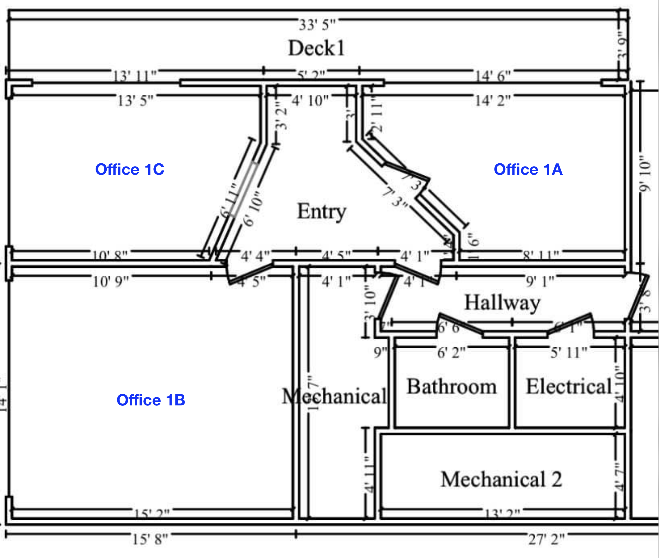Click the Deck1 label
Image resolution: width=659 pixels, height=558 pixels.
click(x=316, y=48)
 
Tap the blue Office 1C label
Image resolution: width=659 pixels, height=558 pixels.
click(x=130, y=169)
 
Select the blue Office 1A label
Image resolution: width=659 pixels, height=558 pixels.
click(x=528, y=169)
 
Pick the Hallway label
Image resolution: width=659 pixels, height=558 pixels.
click(x=502, y=303)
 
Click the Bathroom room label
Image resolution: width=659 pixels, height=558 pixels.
click(x=451, y=386)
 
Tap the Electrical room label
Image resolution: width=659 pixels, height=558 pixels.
click(x=568, y=386)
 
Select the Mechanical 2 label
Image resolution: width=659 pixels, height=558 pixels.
click(x=501, y=479)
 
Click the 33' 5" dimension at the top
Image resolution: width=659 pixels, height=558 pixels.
click(x=317, y=25)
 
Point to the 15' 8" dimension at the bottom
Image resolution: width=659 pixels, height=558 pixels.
click(x=150, y=539)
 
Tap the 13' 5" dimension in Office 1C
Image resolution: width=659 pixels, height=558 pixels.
click(x=135, y=101)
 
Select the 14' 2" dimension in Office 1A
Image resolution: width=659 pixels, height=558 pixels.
click(x=493, y=101)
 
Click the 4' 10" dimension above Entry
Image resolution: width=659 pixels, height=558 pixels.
click(x=310, y=101)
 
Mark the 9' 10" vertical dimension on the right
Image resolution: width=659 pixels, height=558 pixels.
click(x=645, y=174)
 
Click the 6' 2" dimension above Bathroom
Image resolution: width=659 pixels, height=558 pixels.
click(x=451, y=352)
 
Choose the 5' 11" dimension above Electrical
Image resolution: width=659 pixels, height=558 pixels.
click(x=568, y=352)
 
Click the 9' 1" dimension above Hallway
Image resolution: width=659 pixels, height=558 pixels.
click(x=540, y=281)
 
